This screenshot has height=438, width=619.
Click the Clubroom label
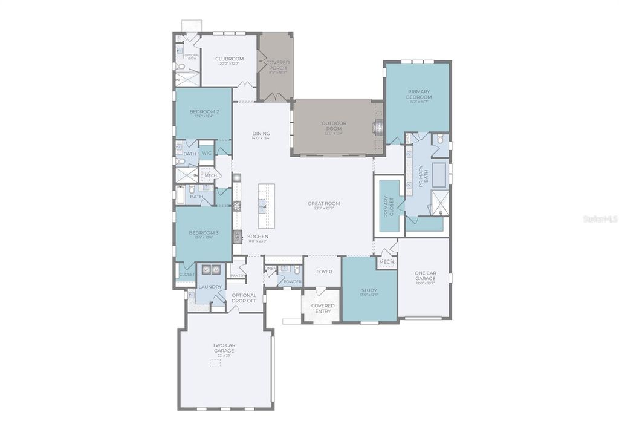click(x=229, y=59)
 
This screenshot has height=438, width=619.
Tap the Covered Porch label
click(x=278, y=65)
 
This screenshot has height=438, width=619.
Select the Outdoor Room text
click(x=334, y=126)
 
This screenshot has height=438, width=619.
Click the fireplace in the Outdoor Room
click(x=378, y=128)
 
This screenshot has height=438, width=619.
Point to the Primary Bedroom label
click(x=419, y=94)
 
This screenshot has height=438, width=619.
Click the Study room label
click(x=369, y=291)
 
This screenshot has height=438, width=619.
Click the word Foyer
click(x=324, y=272)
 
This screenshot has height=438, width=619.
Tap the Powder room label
click(x=292, y=281)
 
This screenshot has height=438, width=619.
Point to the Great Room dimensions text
click(x=324, y=209)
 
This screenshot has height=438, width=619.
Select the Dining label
click(x=261, y=134)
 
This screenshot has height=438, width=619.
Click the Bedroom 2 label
click(x=204, y=112)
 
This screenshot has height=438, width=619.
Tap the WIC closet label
click(x=206, y=153)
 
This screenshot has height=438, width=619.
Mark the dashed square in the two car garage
click(x=215, y=363)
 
